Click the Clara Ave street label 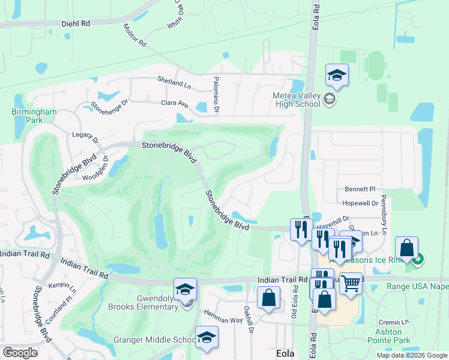click(x=175, y=104)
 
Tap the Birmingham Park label click(x=34, y=116)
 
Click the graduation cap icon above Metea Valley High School click(x=337, y=76)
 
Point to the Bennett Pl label click(x=360, y=189)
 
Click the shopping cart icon click(x=351, y=283)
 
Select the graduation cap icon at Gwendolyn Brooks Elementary click(x=185, y=290)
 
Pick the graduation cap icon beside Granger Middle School click(x=206, y=338)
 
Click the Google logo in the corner click(x=20, y=353)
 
